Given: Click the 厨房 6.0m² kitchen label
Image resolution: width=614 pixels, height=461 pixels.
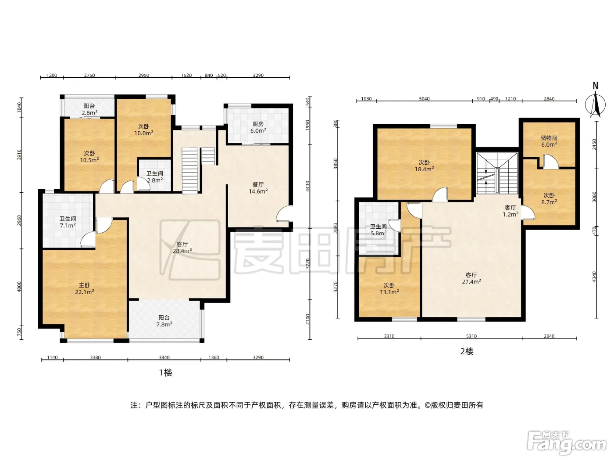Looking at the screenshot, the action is point(258,127).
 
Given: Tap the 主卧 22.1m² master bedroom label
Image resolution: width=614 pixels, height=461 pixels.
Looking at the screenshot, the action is point(85,288).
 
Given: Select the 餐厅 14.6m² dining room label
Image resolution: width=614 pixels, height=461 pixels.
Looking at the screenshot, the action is point(258,188).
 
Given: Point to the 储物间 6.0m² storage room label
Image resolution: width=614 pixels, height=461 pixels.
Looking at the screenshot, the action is point(549,141).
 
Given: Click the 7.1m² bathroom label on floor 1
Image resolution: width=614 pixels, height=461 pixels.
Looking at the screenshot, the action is point(68,222).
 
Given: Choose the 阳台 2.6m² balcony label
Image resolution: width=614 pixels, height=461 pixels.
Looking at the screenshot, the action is point(89,109).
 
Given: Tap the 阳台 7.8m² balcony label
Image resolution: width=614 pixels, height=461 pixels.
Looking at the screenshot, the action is point(164,321).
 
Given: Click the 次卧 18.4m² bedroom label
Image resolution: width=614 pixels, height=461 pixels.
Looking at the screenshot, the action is point(424,166).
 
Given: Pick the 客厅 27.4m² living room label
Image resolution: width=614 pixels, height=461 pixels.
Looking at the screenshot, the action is point(471,278).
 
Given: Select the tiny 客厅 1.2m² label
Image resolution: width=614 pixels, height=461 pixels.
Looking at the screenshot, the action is point(510,211).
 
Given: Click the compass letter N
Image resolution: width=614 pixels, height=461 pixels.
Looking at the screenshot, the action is point(595,86).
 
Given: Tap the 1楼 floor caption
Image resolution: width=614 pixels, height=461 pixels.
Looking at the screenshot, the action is point(165,373).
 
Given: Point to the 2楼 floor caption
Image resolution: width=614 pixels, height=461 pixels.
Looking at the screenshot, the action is point(467,351).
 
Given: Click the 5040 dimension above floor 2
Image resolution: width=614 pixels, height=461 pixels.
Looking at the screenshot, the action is point(424,98).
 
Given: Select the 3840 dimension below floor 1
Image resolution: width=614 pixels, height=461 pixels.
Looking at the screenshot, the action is point(164,357).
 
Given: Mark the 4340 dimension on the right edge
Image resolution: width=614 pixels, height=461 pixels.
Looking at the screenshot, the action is point(594,277).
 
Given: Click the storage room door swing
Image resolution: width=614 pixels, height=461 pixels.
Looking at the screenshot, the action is point(550,162).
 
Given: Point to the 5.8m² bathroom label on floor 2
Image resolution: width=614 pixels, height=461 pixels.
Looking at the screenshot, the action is point(378,230).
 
